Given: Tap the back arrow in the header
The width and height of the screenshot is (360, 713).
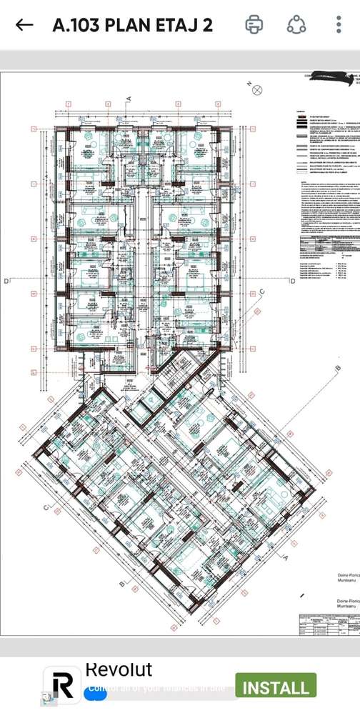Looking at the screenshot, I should coord(24,25).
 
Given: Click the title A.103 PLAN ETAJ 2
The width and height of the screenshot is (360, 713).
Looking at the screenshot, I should coord(132,25).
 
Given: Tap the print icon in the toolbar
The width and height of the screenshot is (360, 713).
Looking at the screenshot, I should coord(254,25).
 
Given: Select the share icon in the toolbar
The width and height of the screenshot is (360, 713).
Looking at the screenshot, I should coord(296,25).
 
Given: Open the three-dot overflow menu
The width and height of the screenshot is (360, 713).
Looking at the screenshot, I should coord(339,25).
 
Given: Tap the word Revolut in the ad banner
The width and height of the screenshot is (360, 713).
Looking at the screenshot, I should coord(119,669).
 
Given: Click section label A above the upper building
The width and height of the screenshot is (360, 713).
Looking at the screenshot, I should coord(129,98).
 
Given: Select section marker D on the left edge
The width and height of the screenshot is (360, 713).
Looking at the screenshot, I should coord(6,281).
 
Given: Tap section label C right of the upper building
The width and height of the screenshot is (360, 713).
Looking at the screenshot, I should coord(261,291).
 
